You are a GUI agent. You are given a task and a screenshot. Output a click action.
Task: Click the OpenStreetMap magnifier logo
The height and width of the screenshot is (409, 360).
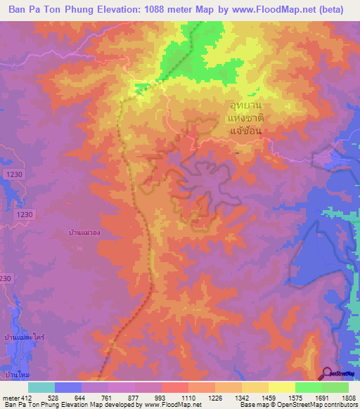(x=328, y=373)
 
